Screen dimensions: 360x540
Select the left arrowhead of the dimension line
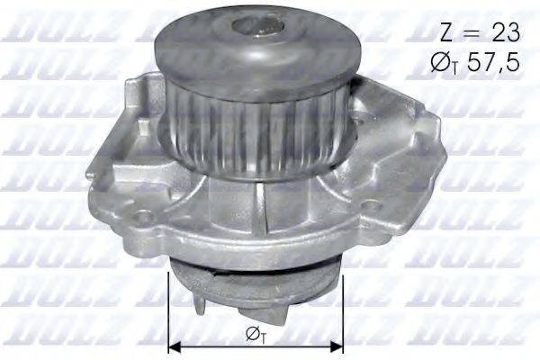click(x=175, y=346)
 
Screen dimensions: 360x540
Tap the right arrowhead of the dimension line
click(x=337, y=346)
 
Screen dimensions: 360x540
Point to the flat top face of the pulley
click(x=216, y=40)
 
